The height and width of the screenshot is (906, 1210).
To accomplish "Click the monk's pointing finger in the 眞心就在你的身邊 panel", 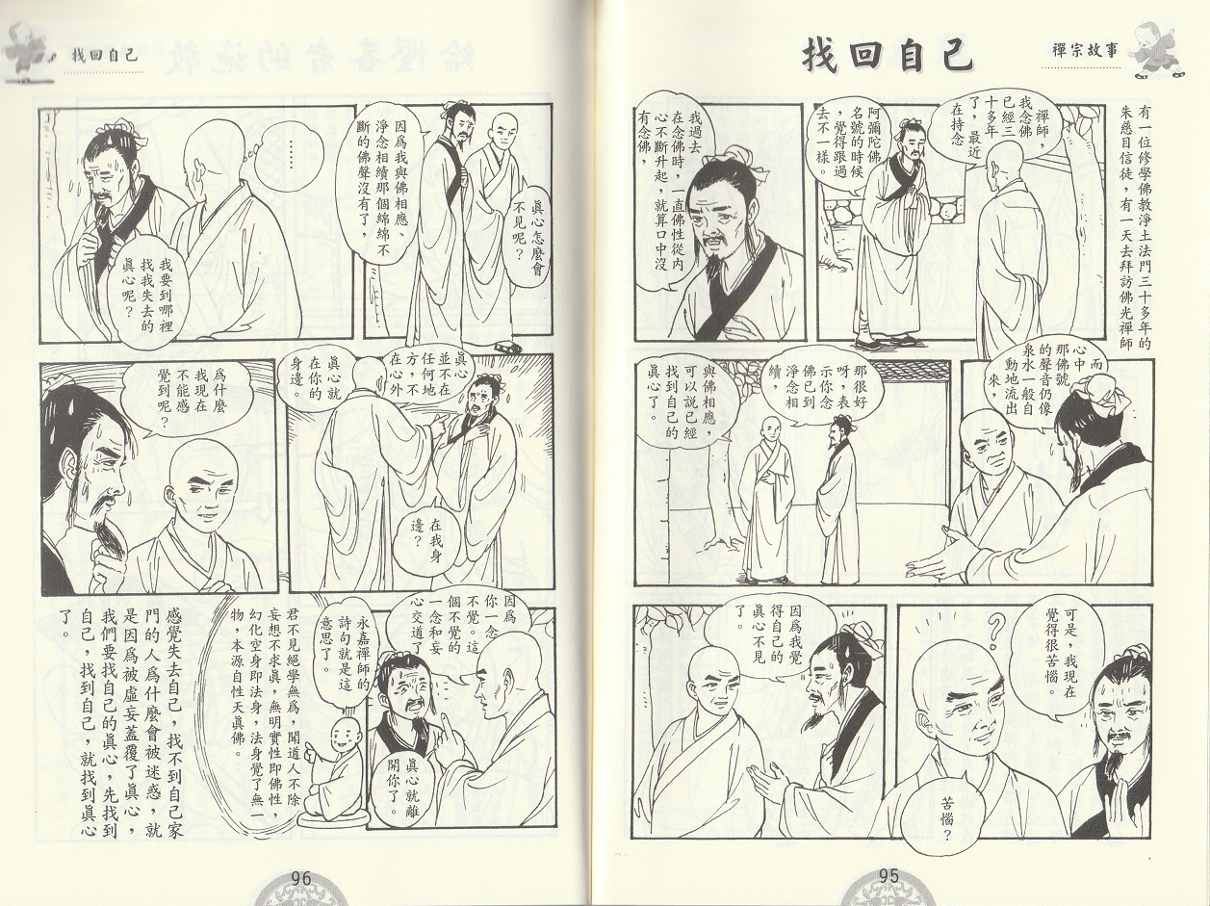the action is click(x=439, y=437).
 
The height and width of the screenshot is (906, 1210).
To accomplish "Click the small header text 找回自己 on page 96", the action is click(x=103, y=56).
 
